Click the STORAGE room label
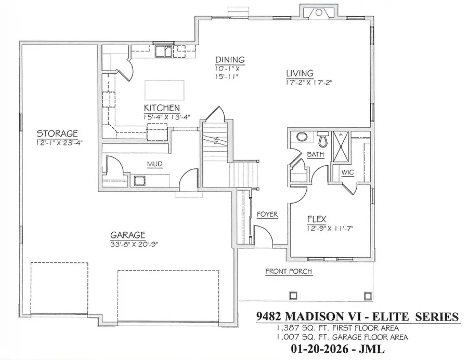click(x=57, y=133)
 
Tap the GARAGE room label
click(x=127, y=234)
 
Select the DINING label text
click(x=229, y=60)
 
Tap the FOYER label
click(x=267, y=214)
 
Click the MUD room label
click(x=154, y=165)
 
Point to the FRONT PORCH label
click(x=289, y=271)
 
